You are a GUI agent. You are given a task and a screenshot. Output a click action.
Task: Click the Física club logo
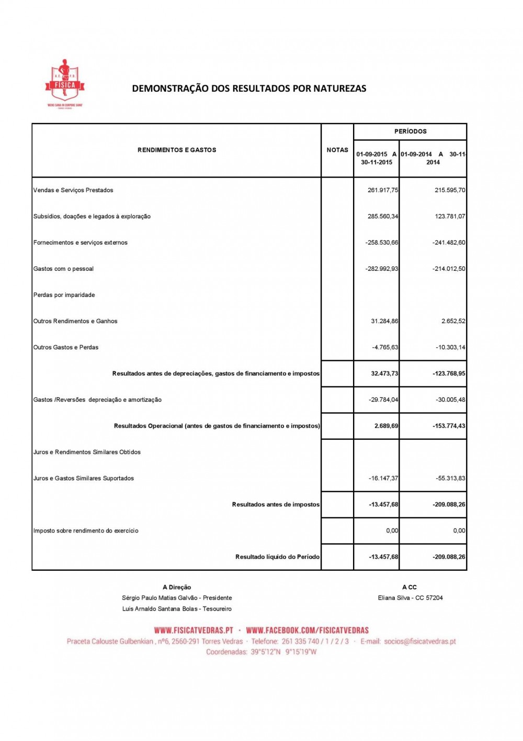click(x=64, y=83)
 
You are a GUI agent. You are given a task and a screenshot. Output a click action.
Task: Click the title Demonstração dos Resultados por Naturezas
click(x=249, y=89)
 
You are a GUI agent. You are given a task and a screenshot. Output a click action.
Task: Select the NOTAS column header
click(x=337, y=150)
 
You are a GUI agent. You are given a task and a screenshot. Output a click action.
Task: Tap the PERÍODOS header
click(x=410, y=131)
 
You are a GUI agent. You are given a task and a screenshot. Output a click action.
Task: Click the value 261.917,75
click(x=382, y=190)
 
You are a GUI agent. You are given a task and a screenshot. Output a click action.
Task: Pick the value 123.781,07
click(x=449, y=216)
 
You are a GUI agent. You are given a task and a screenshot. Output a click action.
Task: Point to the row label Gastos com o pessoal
click(x=63, y=269)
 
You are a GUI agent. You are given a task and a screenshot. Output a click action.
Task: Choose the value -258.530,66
click(x=381, y=242)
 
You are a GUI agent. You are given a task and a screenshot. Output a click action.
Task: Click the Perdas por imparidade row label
click(x=64, y=295)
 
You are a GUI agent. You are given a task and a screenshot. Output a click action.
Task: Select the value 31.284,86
click(x=384, y=321)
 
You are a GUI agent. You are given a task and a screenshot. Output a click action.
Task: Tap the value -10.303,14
click(x=450, y=347)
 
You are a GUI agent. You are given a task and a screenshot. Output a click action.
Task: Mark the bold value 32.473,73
click(x=384, y=373)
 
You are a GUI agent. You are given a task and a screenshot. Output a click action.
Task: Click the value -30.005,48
click(x=450, y=400)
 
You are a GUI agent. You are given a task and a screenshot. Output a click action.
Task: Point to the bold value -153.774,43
click(x=449, y=426)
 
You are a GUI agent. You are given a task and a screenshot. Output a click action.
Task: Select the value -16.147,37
click(x=383, y=478)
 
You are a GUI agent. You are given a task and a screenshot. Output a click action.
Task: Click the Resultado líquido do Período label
click(x=277, y=557)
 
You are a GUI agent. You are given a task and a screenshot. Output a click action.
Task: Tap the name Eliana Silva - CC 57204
click(x=410, y=598)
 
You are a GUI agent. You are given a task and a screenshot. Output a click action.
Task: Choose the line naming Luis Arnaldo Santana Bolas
click(x=177, y=609)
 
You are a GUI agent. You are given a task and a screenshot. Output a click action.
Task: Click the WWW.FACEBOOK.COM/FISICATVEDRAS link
click(x=308, y=630)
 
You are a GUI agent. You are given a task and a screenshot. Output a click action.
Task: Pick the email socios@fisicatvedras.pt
click(x=419, y=641)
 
